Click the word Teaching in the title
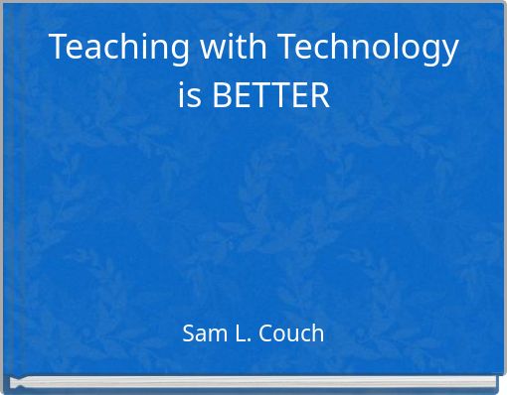tap(109, 48)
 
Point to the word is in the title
tap(189, 97)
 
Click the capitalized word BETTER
tap(270, 97)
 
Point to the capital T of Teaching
tap(58, 48)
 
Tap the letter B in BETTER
tap(222, 97)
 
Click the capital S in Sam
tap(189, 333)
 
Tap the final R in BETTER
tap(319, 97)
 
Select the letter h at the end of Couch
tap(317, 333)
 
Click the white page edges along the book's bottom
tap(253, 381)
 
